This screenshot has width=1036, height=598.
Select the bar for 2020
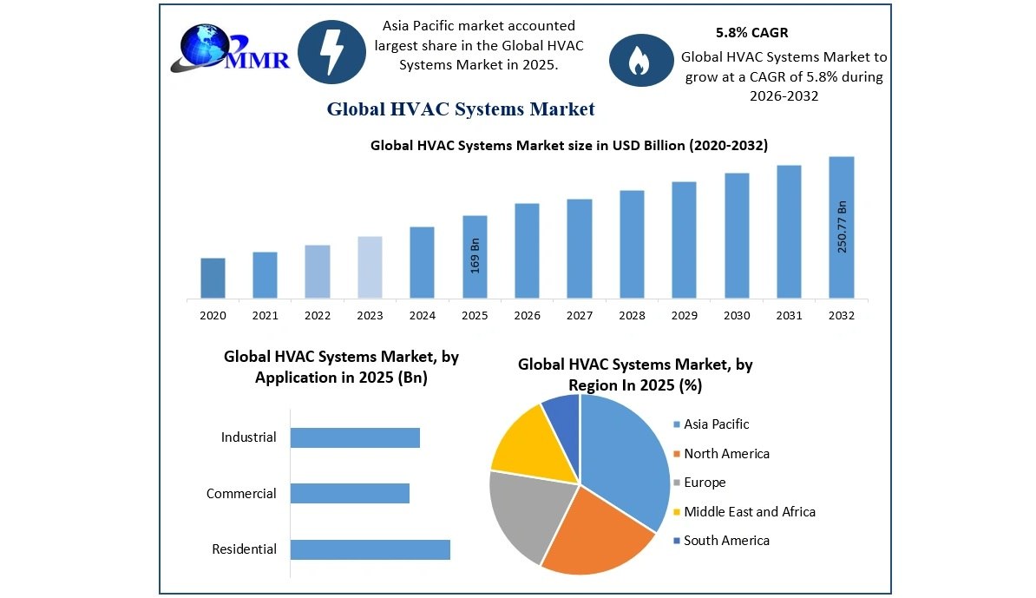pyautogui.click(x=213, y=278)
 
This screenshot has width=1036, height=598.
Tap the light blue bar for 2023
pyautogui.click(x=370, y=267)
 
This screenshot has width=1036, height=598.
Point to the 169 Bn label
pyautogui.click(x=475, y=255)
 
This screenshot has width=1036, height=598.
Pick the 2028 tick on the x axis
pyautogui.click(x=632, y=316)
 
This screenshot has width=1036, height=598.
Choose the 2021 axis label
pyautogui.click(x=265, y=316)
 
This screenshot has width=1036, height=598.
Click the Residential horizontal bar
pyautogui.click(x=370, y=549)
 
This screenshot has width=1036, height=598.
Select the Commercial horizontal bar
pyautogui.click(x=350, y=494)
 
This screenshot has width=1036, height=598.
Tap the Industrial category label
pyautogui.click(x=248, y=437)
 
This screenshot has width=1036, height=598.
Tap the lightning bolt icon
pyautogui.click(x=331, y=51)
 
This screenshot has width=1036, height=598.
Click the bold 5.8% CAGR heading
pyautogui.click(x=752, y=33)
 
